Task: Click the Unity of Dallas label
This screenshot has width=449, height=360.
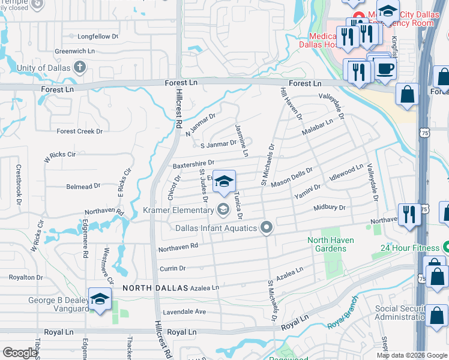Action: pos(35,67)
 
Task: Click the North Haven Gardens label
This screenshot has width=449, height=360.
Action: pos(330,244)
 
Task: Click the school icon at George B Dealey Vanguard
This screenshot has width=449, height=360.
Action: pos(99,299)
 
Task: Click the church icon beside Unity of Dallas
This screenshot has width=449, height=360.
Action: pos(79,67)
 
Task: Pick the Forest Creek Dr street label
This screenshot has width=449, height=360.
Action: pos(80,131)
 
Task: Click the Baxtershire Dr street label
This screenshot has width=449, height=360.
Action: pos(193,163)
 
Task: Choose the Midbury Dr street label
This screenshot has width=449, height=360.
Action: pos(330,208)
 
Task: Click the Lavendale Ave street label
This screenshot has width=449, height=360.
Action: pos(183,312)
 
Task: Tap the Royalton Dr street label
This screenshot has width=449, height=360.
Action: pos(25,277)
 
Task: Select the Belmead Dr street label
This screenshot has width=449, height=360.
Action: pos(83,187)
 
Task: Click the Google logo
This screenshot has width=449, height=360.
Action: pos(20,353)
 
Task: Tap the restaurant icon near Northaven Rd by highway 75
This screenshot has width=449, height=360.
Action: pos(409,214)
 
